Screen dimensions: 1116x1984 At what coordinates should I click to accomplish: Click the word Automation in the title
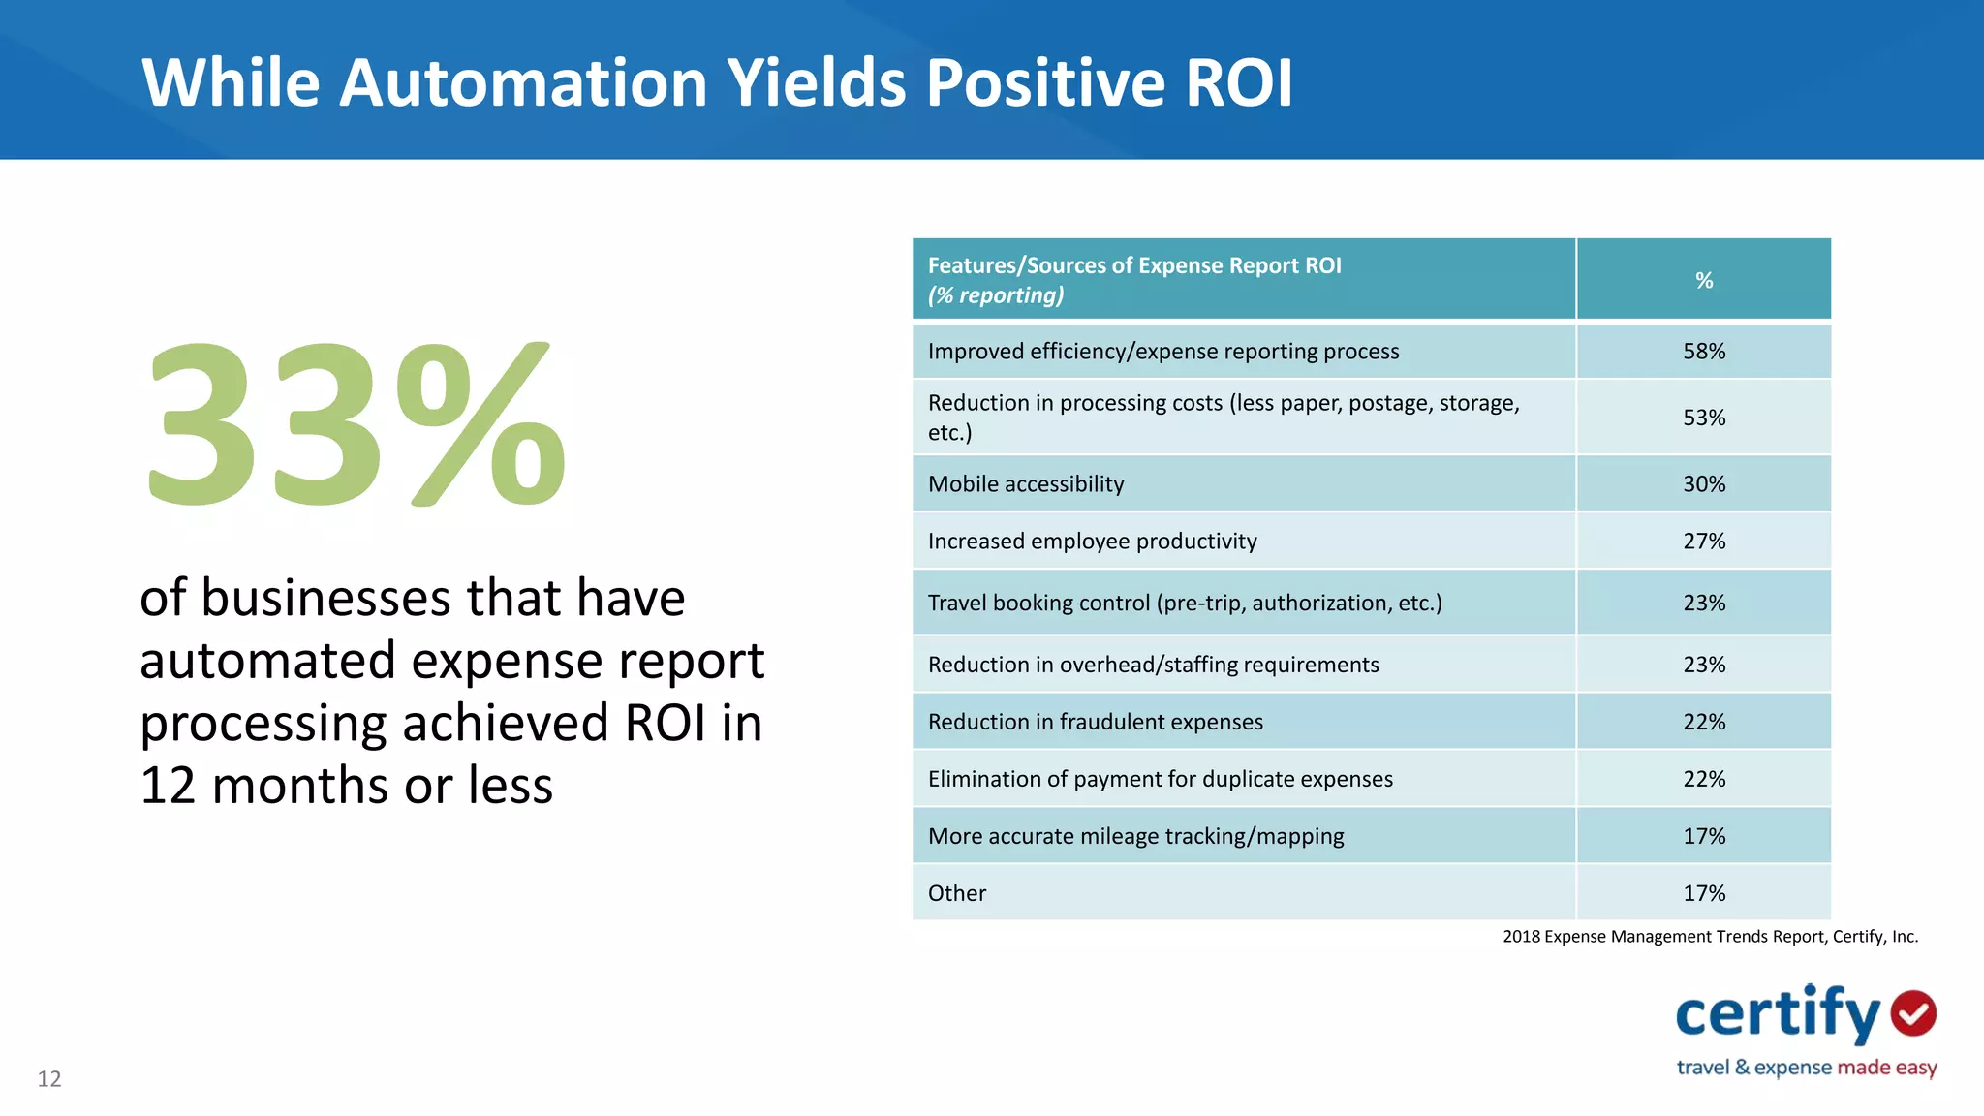click(x=523, y=83)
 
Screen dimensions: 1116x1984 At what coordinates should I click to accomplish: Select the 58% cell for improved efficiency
click(x=1703, y=352)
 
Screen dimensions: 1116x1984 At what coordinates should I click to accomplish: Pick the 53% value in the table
click(x=1703, y=418)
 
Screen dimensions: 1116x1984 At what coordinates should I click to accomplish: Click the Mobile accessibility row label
click(x=1025, y=484)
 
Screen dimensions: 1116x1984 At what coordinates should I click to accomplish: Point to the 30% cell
click(x=1703, y=484)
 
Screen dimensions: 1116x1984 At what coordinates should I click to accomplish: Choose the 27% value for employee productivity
click(x=1703, y=542)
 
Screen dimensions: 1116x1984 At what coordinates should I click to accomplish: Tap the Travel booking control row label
click(x=1184, y=604)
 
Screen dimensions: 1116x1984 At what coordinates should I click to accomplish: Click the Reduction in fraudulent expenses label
click(x=1095, y=723)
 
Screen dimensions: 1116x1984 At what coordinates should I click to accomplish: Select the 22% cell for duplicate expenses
click(x=1703, y=780)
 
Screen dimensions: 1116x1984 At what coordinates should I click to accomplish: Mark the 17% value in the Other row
click(x=1703, y=894)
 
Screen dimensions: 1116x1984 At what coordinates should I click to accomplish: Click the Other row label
click(x=956, y=894)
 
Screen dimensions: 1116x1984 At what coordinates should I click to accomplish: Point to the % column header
click(x=1703, y=281)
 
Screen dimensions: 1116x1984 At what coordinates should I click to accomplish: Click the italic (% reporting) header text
click(x=995, y=295)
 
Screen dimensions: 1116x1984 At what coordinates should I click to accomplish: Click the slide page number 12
click(x=49, y=1079)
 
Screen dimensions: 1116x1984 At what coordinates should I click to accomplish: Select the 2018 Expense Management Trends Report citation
click(x=1709, y=937)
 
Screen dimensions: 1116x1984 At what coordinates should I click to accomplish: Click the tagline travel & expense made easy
click(x=1806, y=1068)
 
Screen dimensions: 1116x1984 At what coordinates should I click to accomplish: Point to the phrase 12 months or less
click(x=346, y=786)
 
